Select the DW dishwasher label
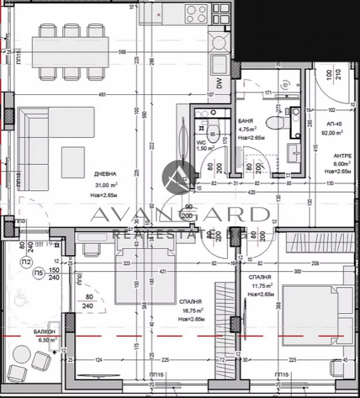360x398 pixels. pos(218,83)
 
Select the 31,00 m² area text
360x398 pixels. pos(106,185)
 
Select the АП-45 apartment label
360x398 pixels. pos(334,124)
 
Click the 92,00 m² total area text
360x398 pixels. pos(333,133)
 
